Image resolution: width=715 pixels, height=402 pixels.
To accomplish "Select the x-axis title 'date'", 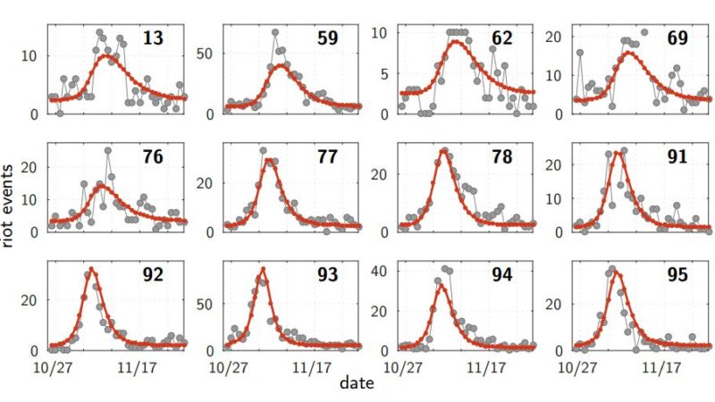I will [x=357, y=384].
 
